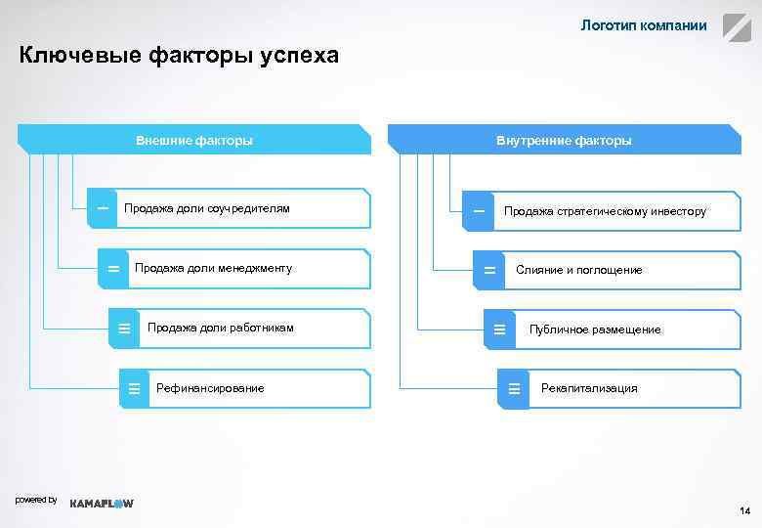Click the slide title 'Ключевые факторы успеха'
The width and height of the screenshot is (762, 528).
(x=179, y=56)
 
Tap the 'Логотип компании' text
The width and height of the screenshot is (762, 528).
(x=644, y=25)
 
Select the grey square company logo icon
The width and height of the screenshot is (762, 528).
(x=737, y=26)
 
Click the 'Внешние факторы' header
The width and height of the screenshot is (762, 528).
(x=194, y=140)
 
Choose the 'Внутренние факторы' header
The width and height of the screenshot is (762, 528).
(x=564, y=140)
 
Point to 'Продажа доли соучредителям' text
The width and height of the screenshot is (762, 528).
(x=207, y=208)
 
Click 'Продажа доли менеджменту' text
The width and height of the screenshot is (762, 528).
(x=213, y=268)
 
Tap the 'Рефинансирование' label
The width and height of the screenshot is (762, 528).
(x=210, y=388)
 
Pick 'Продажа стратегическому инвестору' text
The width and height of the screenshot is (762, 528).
(x=605, y=211)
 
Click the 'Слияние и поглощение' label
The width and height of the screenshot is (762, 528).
(x=579, y=270)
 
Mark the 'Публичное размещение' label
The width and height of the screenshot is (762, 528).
(x=595, y=330)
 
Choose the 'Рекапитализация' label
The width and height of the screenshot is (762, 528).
(x=589, y=388)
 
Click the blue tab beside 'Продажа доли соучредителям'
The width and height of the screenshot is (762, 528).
(x=102, y=208)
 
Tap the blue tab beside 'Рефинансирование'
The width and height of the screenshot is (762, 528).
(x=134, y=389)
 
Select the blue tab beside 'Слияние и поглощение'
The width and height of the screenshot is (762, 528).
(x=488, y=270)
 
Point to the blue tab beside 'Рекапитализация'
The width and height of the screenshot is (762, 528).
(x=513, y=389)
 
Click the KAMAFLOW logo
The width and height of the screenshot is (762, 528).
(x=103, y=504)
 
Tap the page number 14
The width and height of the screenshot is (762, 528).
(x=744, y=511)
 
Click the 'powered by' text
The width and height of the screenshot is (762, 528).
(x=36, y=500)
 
